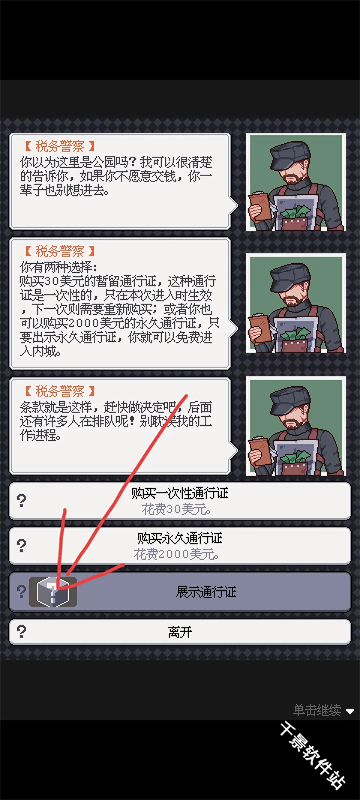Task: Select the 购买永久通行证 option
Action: pos(180,538)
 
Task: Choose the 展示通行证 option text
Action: pos(205,592)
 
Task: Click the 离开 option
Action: pos(180,632)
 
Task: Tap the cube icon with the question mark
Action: pos(53,592)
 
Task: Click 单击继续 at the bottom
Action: pos(316,710)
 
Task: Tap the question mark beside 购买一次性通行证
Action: pos(22,501)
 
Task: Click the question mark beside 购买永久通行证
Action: pos(22,546)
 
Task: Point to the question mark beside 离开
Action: pos(22,631)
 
